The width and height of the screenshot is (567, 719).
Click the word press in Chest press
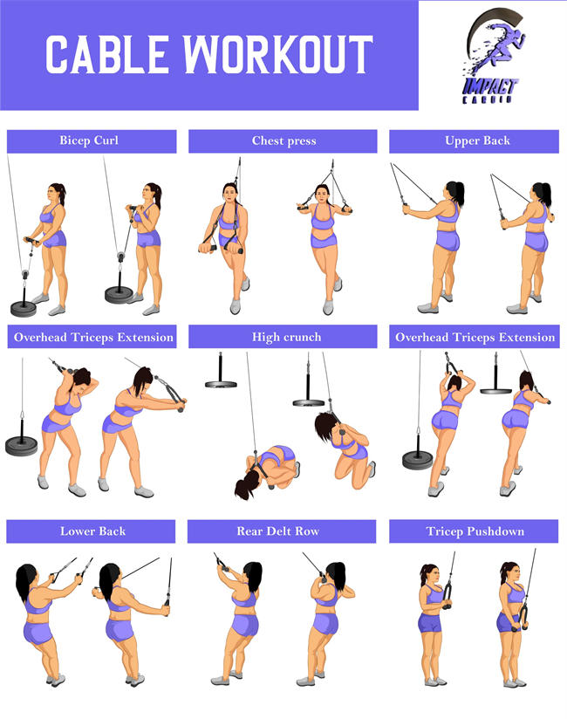(301, 140)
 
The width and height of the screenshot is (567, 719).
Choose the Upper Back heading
(477, 140)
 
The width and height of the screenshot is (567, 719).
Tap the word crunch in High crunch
(302, 337)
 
